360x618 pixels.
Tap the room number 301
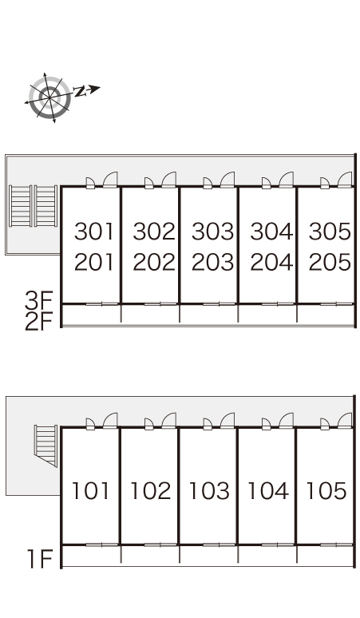[x=94, y=232]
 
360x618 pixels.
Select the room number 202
[x=154, y=262]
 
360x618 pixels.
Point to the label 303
[x=212, y=232]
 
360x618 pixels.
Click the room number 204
[x=271, y=262]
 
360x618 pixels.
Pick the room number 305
[x=330, y=232]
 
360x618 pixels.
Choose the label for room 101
[x=90, y=491]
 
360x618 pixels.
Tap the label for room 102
[x=150, y=491]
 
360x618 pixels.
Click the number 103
[x=209, y=491]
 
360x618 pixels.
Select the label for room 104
[x=268, y=491]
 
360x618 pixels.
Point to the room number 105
[x=326, y=491]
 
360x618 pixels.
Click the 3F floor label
[x=38, y=302]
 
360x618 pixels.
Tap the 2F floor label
[x=38, y=322]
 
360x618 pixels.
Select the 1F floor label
[x=40, y=559]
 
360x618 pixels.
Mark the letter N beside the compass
[x=80, y=91]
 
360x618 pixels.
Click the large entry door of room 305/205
[x=345, y=180]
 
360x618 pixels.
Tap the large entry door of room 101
[x=110, y=421]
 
